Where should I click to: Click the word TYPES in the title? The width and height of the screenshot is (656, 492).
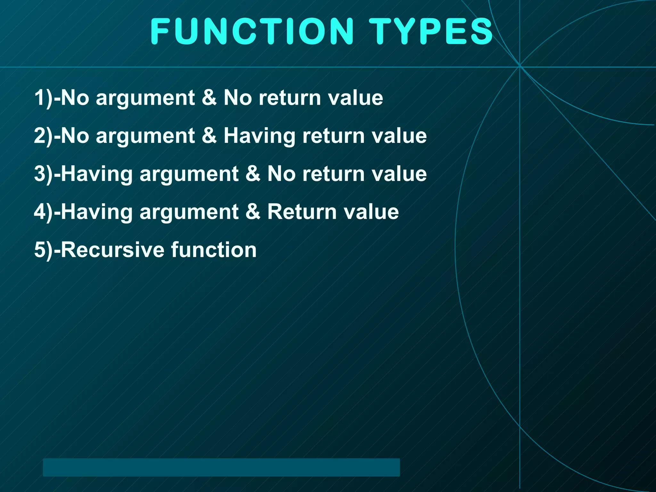(x=431, y=31)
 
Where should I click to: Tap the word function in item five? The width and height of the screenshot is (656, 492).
(x=214, y=250)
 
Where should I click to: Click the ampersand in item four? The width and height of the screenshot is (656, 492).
(x=253, y=212)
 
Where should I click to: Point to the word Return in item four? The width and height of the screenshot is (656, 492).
(x=301, y=212)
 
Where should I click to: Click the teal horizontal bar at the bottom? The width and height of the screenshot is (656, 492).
(x=221, y=467)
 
